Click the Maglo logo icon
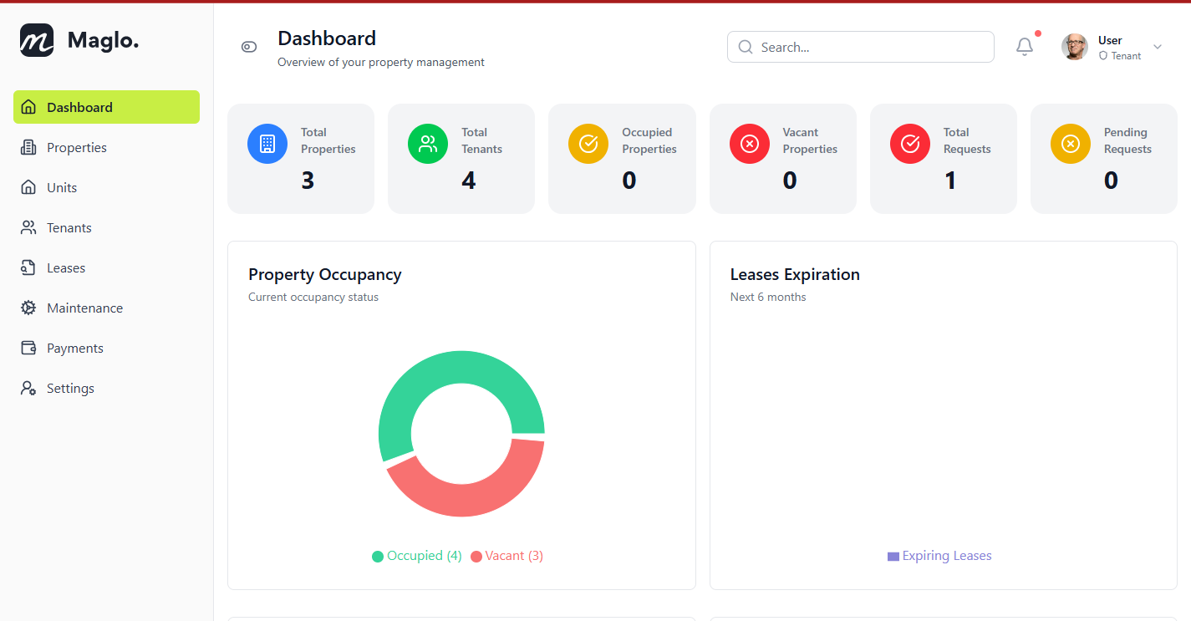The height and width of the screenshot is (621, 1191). [x=37, y=40]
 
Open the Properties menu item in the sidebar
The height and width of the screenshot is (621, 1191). [x=76, y=148]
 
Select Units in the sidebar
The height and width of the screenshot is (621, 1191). [x=61, y=188]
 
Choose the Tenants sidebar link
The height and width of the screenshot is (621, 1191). [x=69, y=228]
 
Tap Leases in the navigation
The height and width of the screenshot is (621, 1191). [x=65, y=268]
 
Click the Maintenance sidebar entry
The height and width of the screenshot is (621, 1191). [x=84, y=308]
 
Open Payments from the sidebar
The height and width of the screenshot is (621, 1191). [x=74, y=349]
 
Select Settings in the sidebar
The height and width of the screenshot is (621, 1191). [x=69, y=389]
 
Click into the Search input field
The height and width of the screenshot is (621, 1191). [x=869, y=48]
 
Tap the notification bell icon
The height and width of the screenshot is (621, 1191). [x=1025, y=48]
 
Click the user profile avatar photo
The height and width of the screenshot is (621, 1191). [x=1075, y=48]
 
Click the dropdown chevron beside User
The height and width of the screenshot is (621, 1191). [x=1158, y=48]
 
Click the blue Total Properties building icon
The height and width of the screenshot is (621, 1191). [x=267, y=144]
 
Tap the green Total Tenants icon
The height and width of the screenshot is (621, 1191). [x=428, y=144]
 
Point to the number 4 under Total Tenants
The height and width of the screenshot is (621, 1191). [x=468, y=181]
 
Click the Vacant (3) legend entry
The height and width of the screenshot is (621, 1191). [x=507, y=556]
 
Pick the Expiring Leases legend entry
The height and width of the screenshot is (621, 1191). [x=940, y=556]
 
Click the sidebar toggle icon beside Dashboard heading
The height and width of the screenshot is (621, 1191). [x=249, y=47]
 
